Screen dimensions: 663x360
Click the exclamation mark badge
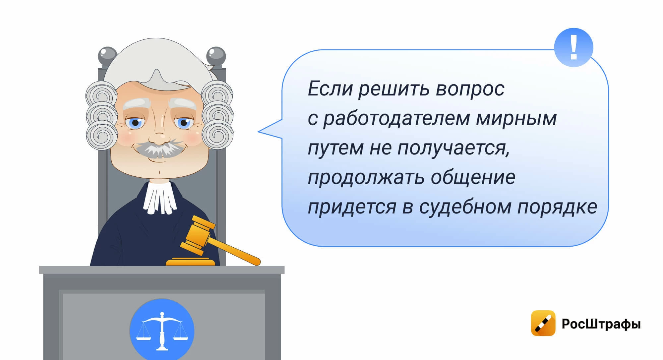(573, 47)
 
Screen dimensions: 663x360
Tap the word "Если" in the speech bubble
(330, 89)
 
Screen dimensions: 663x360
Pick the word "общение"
(473, 177)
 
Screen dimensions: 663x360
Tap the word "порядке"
(557, 207)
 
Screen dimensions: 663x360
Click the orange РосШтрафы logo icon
(543, 323)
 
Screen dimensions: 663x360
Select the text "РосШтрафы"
(601, 324)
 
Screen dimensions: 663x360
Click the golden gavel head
(198, 235)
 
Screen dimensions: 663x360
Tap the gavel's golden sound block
(190, 262)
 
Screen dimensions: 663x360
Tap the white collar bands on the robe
(159, 197)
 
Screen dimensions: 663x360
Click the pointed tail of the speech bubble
(259, 132)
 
